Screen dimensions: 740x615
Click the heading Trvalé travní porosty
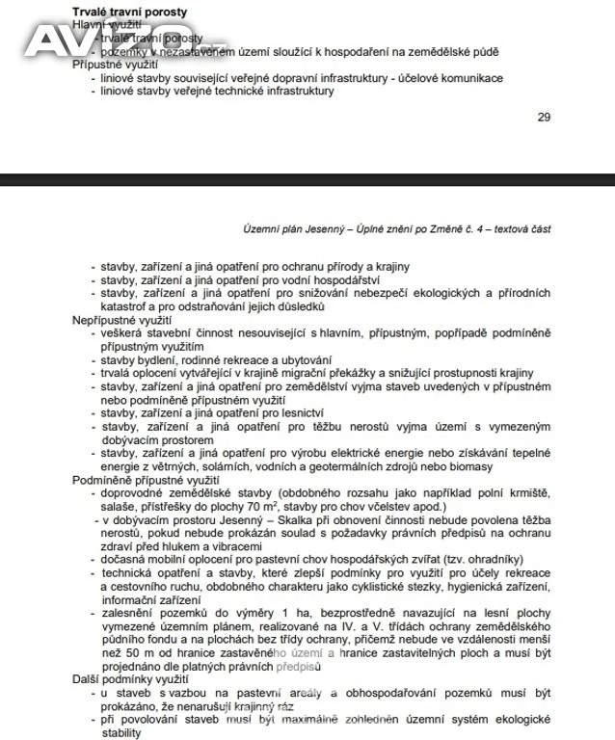pyautogui.click(x=130, y=12)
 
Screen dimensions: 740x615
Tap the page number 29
pyautogui.click(x=544, y=118)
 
